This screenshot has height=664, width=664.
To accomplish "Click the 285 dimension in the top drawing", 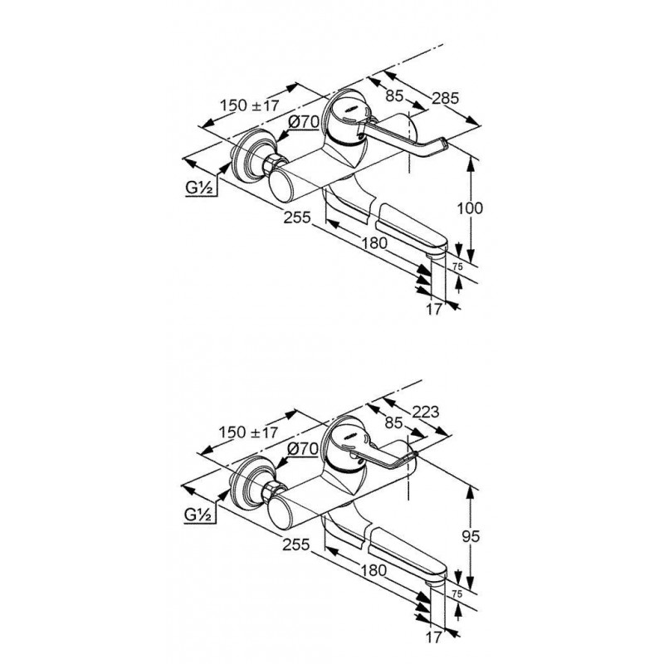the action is click(445, 98).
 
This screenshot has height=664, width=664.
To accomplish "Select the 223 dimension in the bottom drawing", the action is click(425, 411).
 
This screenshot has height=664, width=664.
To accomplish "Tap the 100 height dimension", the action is click(470, 208).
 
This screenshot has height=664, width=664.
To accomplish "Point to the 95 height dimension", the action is click(471, 536).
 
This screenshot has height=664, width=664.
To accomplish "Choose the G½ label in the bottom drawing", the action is click(198, 515).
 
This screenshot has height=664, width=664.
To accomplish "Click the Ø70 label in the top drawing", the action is click(304, 122).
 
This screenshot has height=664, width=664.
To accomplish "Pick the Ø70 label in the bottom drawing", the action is click(302, 448).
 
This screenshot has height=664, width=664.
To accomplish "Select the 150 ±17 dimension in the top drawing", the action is click(250, 105).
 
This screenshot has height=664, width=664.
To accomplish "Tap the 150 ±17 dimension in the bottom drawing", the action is click(248, 432).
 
